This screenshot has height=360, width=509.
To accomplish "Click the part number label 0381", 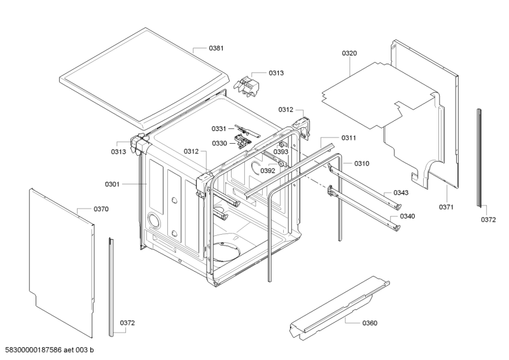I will pos(217,48).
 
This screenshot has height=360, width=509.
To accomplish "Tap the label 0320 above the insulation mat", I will pos(349,53).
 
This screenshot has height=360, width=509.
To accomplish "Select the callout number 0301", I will pos(113,184).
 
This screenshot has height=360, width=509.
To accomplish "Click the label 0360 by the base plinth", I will pos(370,323).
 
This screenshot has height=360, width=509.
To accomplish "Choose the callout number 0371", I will pos(446,207).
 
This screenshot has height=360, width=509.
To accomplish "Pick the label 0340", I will pos(407,216).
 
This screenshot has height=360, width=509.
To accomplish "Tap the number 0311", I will pos(349,138).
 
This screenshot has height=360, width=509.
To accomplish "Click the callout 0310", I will pos(362,163).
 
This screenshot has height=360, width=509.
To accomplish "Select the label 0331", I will pos(220,129).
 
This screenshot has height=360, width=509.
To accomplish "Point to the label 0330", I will pos(220,143).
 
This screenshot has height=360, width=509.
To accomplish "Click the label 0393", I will pos(281,152).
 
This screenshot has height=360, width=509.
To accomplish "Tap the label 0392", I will pos(267,170).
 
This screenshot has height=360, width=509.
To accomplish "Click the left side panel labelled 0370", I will pos(60,261).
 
